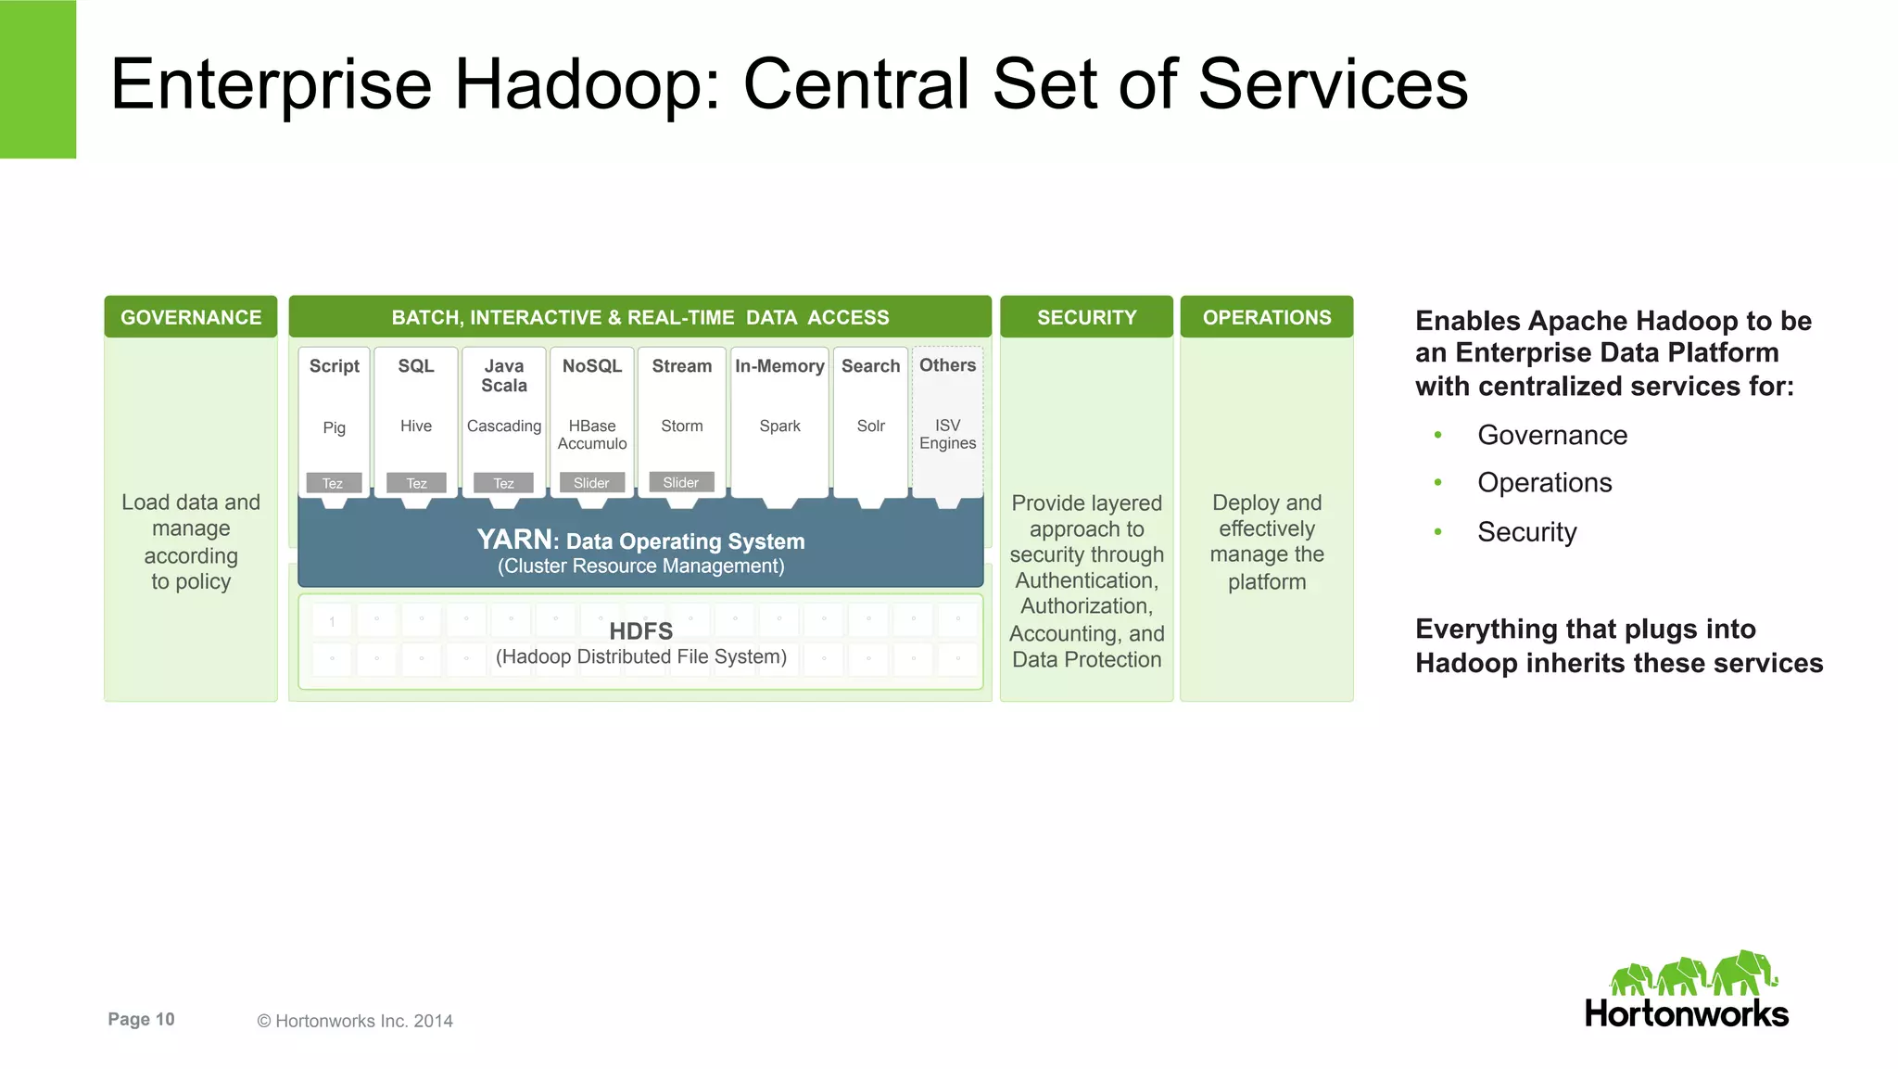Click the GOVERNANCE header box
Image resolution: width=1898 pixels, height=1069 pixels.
tap(191, 317)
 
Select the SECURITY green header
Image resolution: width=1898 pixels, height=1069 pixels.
tap(1086, 317)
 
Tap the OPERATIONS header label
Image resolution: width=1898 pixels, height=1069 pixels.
tap(1266, 317)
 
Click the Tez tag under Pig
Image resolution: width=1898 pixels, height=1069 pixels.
tap(333, 483)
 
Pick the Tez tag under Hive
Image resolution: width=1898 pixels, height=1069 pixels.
tap(416, 483)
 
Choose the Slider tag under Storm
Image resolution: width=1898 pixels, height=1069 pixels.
tap(681, 482)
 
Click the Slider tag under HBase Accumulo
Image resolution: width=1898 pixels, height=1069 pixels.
tap(591, 483)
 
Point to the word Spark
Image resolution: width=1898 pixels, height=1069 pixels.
tap(779, 426)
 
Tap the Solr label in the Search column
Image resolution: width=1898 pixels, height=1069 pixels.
tap(870, 426)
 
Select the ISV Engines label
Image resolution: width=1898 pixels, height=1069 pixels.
tap(947, 434)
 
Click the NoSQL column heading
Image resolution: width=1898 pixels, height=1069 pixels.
tap(591, 366)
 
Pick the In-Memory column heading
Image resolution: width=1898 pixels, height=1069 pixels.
tap(779, 366)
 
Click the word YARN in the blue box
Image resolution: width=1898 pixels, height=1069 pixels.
tap(515, 540)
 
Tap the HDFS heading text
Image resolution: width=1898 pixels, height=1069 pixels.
tap(640, 631)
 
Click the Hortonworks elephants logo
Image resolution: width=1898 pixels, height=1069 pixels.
tap(1692, 974)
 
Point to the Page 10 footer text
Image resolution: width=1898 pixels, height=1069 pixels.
tap(141, 1019)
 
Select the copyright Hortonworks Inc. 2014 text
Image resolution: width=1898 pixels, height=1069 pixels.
tap(355, 1021)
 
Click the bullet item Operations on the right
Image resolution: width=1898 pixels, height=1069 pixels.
tap(1544, 483)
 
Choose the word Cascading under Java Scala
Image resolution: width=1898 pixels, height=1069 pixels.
tap(503, 426)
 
